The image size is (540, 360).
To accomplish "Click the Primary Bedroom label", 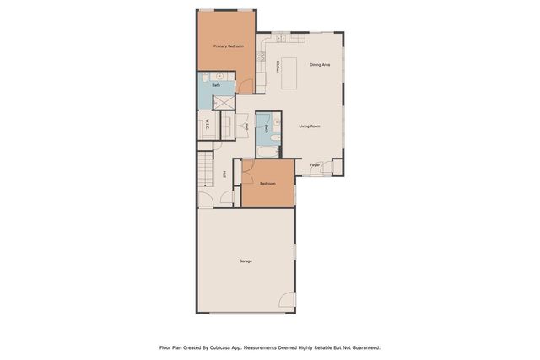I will (228, 46).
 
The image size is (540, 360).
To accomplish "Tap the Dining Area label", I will (319, 65).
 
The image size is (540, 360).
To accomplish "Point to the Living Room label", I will (310, 126).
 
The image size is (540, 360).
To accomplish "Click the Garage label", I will (246, 261).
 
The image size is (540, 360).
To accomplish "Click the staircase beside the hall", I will (207, 173).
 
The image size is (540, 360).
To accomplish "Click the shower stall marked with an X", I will (223, 101).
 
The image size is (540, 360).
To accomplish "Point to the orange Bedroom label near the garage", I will (267, 184).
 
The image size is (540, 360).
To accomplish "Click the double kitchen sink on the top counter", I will (279, 39).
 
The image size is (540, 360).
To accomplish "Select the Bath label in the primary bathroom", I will (216, 85).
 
